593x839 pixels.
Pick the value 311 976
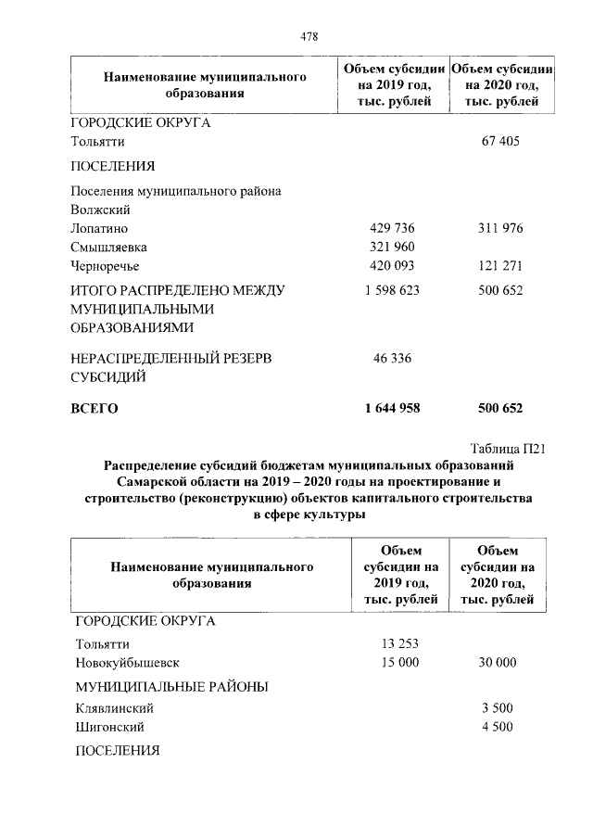point(500,228)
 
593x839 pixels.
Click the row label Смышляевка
point(108,248)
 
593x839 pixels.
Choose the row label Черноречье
point(106,267)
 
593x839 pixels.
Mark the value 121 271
point(500,267)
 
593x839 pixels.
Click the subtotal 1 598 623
point(389,290)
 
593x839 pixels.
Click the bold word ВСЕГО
point(95,407)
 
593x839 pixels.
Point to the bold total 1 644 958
point(389,407)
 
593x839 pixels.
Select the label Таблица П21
point(508,448)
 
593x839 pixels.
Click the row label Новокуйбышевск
point(126,663)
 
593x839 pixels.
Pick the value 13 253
point(400,643)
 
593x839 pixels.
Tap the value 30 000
point(498,663)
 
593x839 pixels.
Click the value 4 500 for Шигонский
point(498,727)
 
